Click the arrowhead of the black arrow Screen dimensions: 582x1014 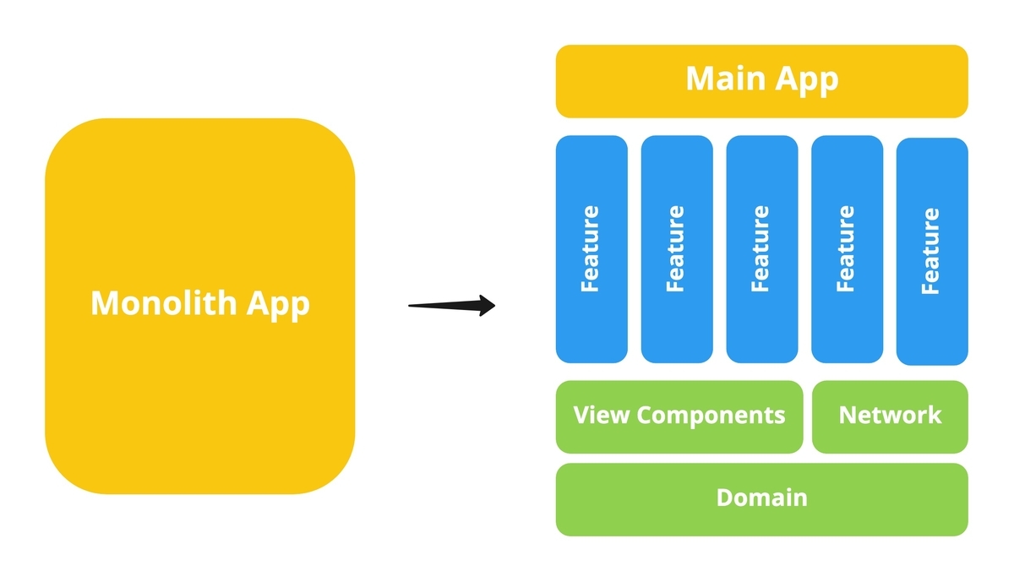[x=486, y=305]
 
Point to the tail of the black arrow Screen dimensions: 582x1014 [x=412, y=306]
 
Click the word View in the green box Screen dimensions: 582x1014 [x=601, y=415]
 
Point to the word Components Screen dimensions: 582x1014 [x=711, y=416]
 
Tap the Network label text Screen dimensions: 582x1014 [x=890, y=415]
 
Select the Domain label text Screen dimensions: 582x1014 [x=761, y=498]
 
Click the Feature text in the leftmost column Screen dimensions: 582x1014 [x=591, y=248]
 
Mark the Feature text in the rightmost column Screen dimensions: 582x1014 [x=931, y=251]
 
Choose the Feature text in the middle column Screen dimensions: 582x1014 [x=761, y=248]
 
